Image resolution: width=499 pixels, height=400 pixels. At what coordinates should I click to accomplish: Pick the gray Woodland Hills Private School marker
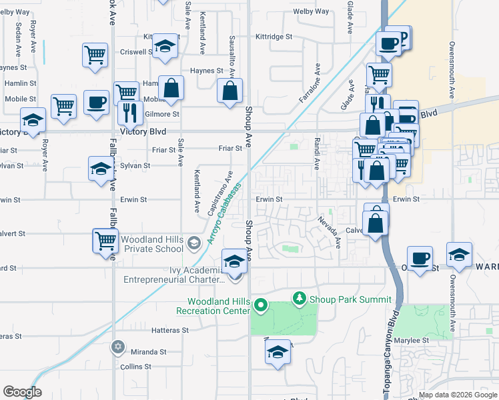coord(193,243)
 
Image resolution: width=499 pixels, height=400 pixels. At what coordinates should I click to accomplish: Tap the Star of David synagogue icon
coord(119,347)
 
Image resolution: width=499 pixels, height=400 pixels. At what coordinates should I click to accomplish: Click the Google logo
coord(23,391)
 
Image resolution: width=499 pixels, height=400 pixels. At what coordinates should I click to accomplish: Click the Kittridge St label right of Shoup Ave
coord(280,37)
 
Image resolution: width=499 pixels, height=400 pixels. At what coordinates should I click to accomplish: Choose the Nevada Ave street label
coord(329,231)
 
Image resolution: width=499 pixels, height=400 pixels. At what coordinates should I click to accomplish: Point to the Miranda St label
coord(149,351)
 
